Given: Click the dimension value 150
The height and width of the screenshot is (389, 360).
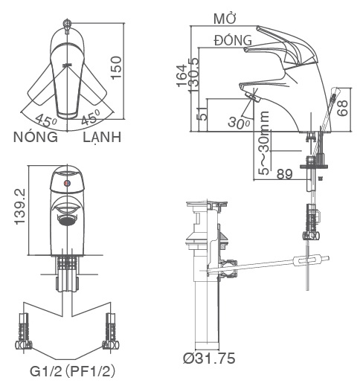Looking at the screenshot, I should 135,69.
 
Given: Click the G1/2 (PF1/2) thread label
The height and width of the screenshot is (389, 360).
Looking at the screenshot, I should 72,370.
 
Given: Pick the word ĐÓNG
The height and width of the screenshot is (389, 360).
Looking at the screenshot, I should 233,39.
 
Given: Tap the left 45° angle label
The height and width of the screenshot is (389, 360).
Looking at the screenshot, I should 47,120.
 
